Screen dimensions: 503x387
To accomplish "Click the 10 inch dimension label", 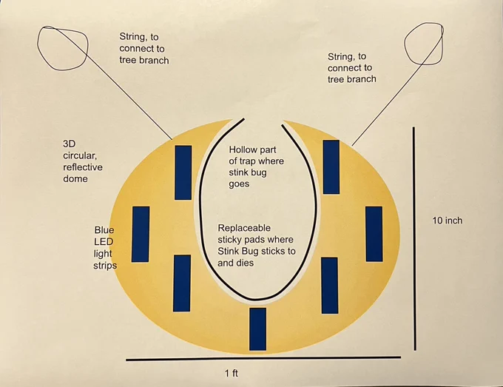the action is point(448,221).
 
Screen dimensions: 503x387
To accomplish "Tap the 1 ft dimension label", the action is point(232,374).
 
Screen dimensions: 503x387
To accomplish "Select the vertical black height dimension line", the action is point(414,238).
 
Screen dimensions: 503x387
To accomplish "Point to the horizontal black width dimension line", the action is point(263,358).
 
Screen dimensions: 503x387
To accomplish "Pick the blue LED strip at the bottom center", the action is point(258,329).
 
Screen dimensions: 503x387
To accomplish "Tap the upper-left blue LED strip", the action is point(183,172).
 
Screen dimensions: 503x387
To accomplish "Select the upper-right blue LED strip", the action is point(331,167).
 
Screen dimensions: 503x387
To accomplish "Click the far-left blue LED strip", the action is point(141,235).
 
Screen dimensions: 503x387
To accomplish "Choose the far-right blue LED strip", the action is point(374,234).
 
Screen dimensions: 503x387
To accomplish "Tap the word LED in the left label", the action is point(104,242).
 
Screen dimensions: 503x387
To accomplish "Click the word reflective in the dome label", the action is point(83,167).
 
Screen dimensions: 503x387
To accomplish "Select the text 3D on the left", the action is point(70,144).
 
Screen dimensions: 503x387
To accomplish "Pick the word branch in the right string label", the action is point(361,79).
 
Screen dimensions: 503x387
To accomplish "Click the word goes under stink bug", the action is point(239,184).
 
